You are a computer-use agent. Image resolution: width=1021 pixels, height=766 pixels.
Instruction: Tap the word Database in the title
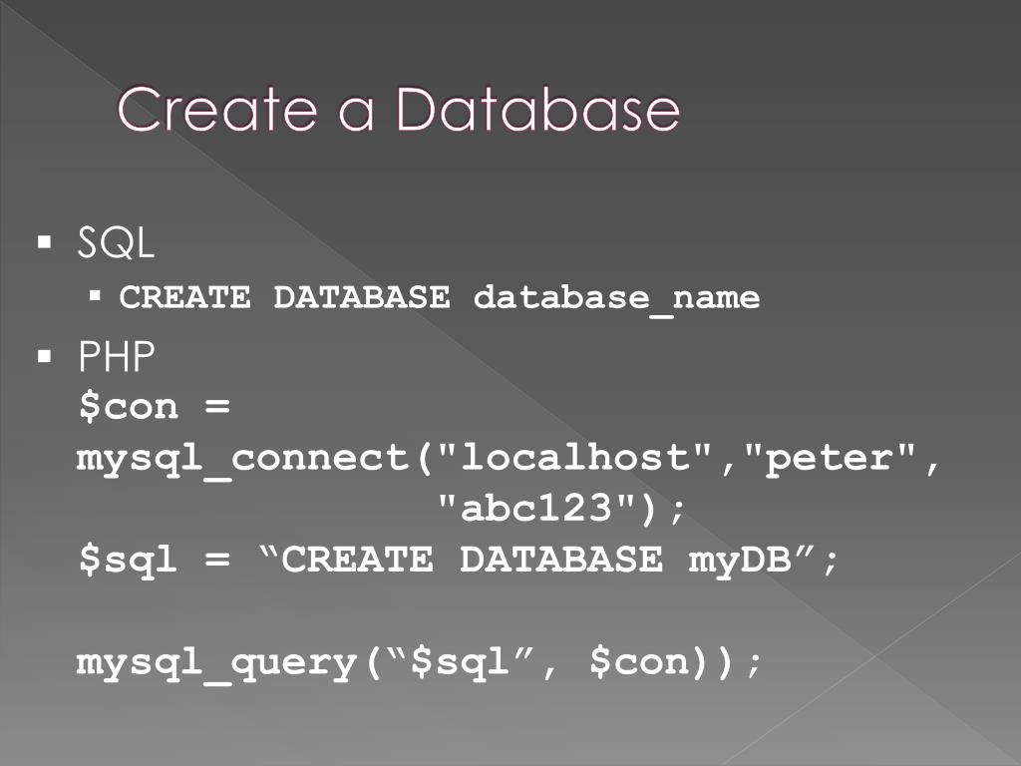point(537,110)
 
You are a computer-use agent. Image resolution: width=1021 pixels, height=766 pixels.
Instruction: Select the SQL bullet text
point(116,244)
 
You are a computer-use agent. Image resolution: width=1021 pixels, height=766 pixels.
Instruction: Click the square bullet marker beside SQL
point(44,242)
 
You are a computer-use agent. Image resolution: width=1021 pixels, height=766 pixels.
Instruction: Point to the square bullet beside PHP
point(44,355)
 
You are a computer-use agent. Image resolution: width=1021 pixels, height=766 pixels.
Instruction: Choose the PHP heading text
point(117,357)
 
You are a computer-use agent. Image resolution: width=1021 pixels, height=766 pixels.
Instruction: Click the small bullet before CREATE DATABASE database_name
point(96,295)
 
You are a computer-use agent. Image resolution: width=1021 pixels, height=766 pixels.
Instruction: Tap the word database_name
point(616,297)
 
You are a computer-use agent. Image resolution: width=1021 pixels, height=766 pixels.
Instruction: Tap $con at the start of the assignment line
point(129,407)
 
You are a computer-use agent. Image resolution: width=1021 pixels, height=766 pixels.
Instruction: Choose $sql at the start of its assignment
point(129,560)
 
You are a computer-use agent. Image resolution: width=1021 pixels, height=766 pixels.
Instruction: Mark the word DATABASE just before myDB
point(561,560)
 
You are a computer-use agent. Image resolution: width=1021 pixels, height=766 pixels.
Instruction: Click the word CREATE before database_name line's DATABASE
point(185,297)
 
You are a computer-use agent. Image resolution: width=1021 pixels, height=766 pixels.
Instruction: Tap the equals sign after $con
point(218,407)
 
